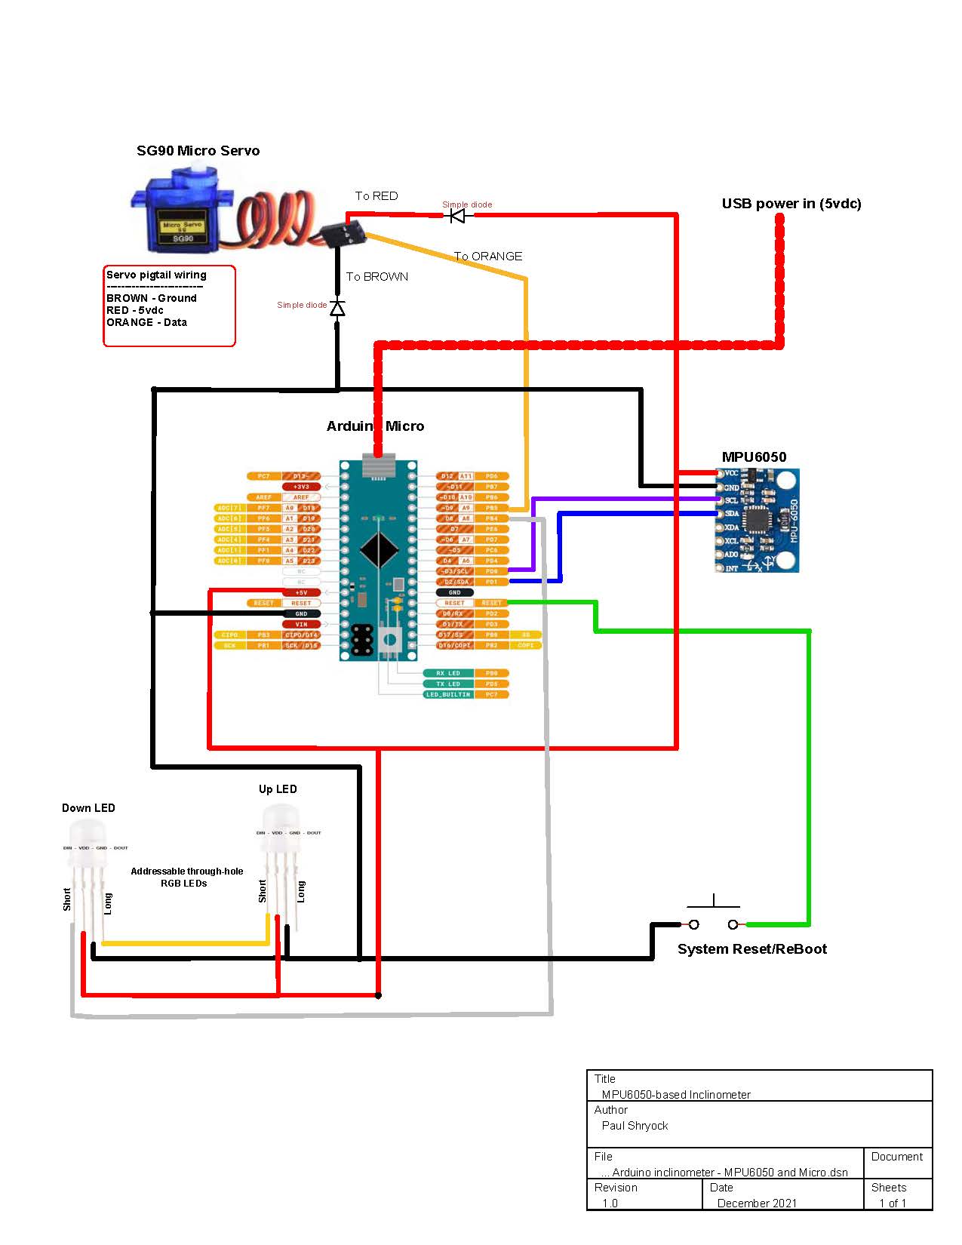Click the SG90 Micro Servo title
[198, 151]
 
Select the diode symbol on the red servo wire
[457, 216]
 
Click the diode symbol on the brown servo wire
[337, 308]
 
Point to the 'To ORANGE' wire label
[487, 257]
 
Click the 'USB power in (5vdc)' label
[791, 204]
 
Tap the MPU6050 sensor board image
[757, 521]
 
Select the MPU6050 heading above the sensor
[754, 457]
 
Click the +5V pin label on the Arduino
[301, 593]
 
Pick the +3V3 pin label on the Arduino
[301, 487]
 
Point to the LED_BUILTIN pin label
[448, 694]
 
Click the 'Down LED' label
[88, 808]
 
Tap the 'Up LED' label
[278, 789]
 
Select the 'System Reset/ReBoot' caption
[751, 949]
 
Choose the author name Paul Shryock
[635, 1126]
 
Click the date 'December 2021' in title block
[757, 1203]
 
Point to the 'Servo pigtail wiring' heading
[156, 275]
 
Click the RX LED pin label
[448, 673]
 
